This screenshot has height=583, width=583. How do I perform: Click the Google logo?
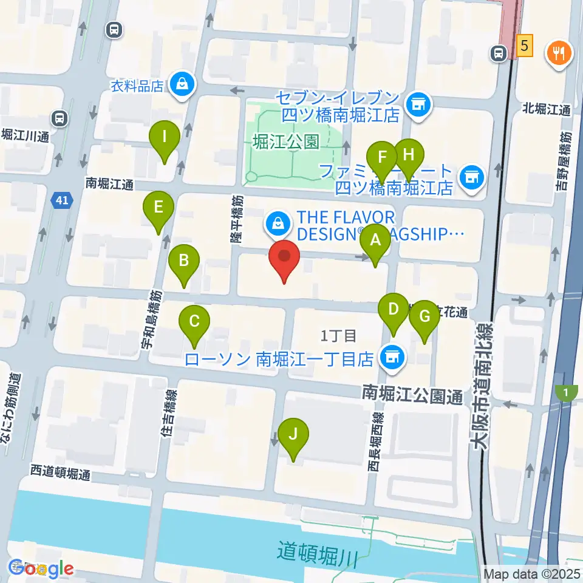click(x=41, y=568)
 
